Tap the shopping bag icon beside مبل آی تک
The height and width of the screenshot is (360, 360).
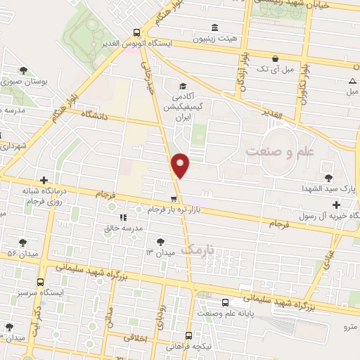[x=275, y=58]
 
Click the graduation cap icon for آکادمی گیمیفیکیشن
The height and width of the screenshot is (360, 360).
[x=182, y=86]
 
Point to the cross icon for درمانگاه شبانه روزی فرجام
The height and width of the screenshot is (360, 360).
[x=44, y=180]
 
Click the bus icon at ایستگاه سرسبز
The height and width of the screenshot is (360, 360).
[x=40, y=281]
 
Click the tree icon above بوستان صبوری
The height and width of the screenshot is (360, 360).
[x=24, y=70]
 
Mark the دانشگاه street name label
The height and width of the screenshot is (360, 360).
[x=96, y=114]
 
